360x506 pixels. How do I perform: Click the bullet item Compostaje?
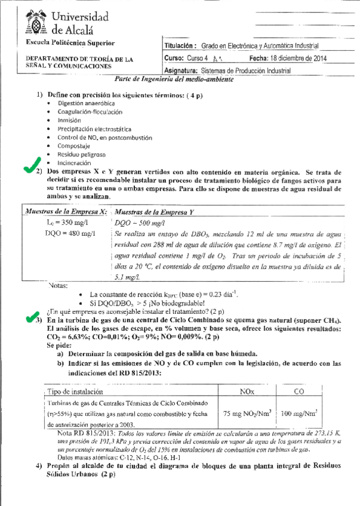[x=74, y=145]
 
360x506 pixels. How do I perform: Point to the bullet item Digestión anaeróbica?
[x=86, y=103]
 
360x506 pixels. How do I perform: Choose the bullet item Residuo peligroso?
[x=81, y=153]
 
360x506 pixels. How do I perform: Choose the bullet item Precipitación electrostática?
[x=94, y=128]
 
